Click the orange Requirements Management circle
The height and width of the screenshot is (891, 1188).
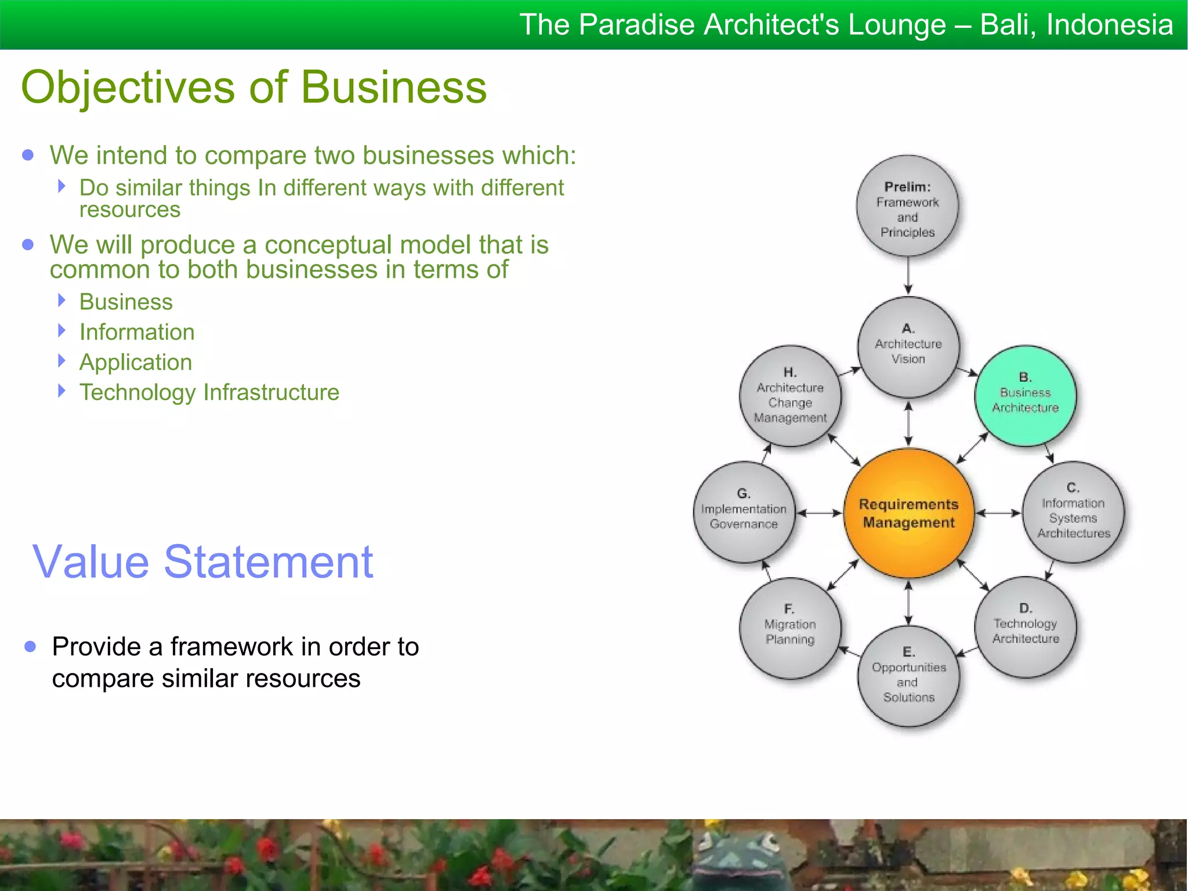908,513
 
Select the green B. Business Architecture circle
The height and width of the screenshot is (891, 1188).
1025,396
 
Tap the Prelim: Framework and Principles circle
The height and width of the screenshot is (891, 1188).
908,206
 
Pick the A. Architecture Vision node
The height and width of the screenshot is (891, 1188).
908,347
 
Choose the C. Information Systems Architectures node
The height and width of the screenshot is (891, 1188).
1073,512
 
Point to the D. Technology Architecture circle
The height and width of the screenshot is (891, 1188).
1025,627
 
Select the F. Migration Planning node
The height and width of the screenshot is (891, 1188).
790,628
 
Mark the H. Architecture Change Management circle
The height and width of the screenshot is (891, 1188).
790,396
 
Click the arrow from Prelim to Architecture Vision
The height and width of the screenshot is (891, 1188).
908,276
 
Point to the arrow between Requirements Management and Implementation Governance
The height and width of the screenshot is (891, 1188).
818,513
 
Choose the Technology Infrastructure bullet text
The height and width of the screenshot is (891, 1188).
209,392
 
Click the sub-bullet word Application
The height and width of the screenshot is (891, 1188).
135,362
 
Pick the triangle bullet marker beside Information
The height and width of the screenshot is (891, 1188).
62,331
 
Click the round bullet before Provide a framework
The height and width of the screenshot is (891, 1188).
31,646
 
